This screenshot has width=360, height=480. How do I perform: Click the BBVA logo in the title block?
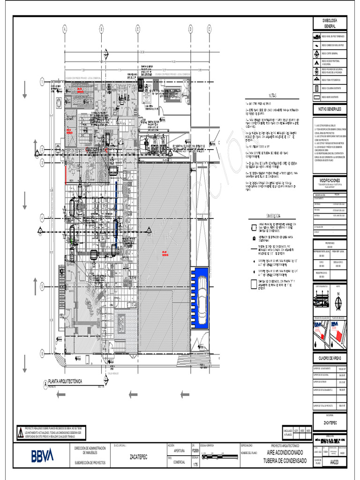(x=42, y=455)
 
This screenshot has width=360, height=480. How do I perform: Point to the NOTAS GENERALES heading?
(x=330, y=109)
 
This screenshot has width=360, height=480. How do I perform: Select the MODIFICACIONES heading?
(x=330, y=180)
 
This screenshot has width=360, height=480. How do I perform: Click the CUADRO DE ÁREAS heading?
(x=330, y=359)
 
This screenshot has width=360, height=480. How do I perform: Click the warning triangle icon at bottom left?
(x=20, y=432)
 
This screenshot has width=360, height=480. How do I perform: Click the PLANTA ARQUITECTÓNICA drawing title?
(x=65, y=382)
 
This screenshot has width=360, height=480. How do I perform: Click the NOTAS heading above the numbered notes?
(x=273, y=96)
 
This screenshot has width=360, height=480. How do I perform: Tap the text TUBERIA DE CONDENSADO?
(x=286, y=462)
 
